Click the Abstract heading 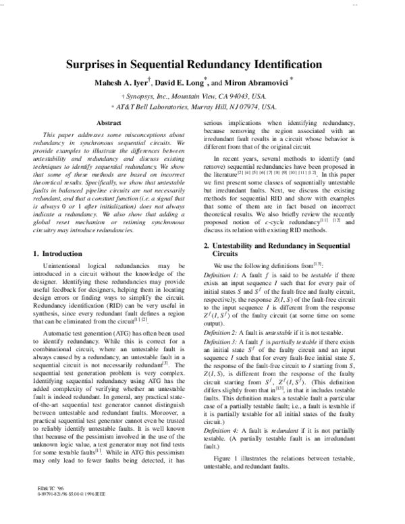coord(109,123)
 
